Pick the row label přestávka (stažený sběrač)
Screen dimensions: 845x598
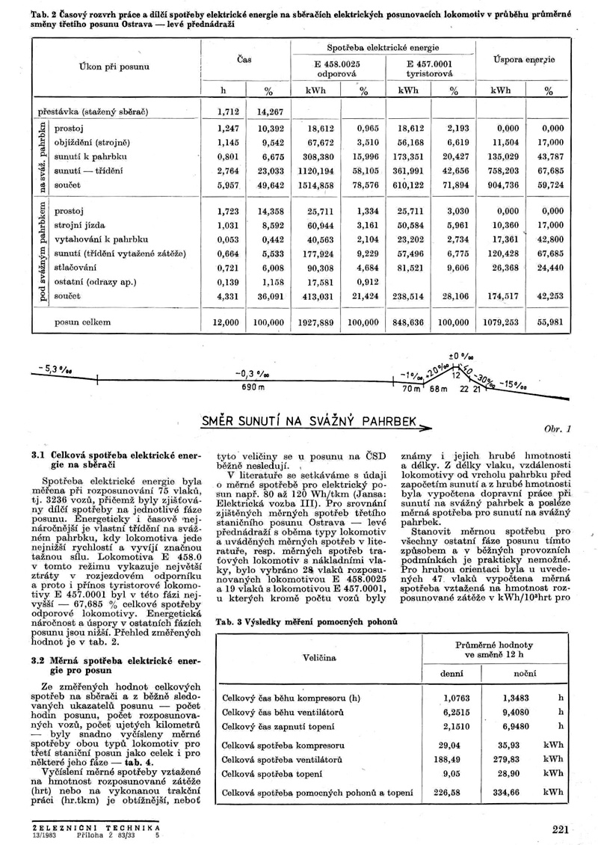click(93, 111)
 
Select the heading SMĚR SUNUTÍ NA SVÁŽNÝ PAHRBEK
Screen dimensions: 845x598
click(308, 421)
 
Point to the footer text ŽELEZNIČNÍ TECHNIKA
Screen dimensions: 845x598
click(97, 828)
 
